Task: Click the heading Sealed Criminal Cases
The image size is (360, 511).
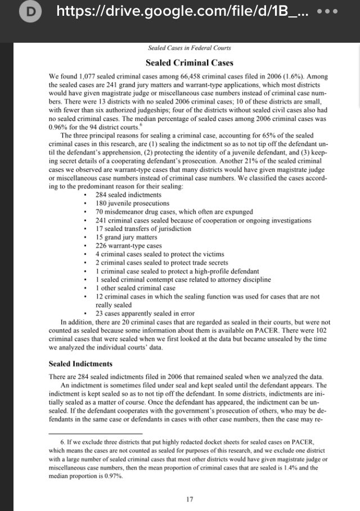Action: (189, 62)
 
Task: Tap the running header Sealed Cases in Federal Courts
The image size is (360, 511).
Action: (189, 48)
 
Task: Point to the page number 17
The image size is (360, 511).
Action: (190, 499)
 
